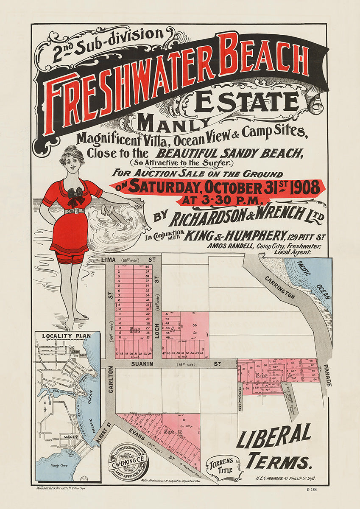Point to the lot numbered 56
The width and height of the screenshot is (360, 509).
pyautogui.click(x=195, y=325)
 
